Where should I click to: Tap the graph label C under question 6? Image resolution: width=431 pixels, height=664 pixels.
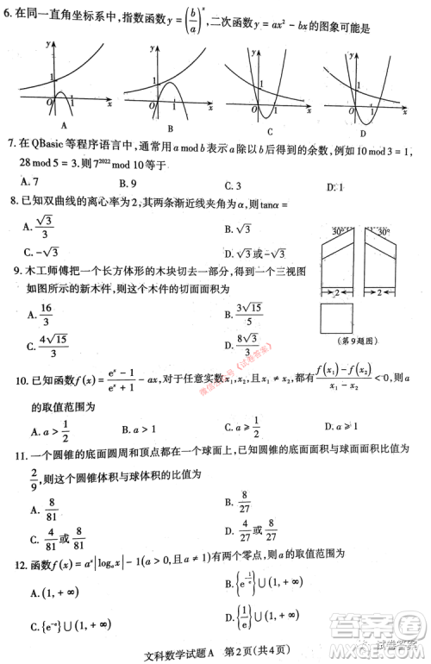click(x=268, y=132)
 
